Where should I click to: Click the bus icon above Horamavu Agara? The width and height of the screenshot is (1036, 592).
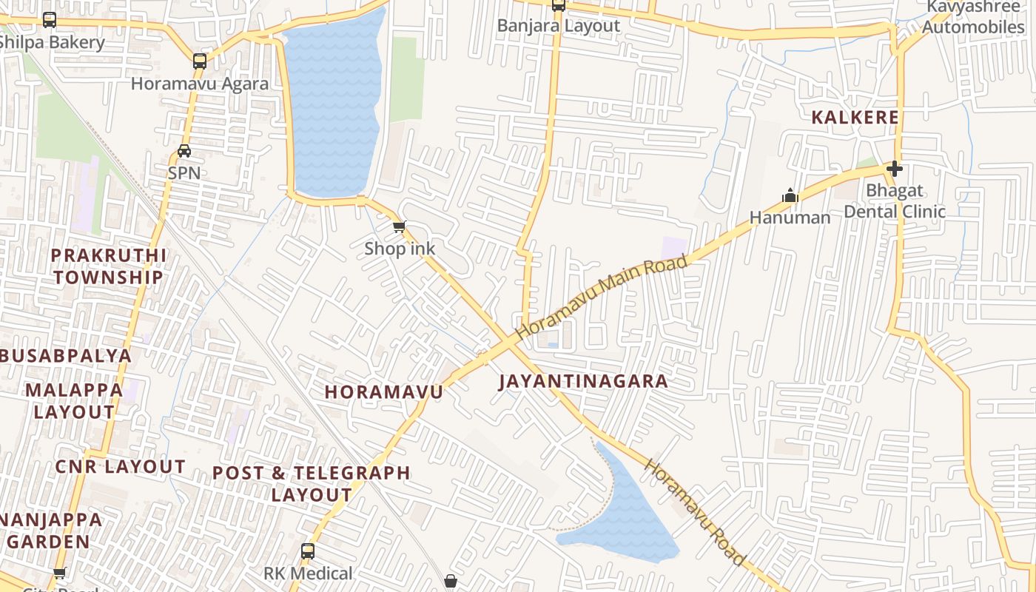[x=200, y=61]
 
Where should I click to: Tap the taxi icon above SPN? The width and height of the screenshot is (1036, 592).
[x=184, y=151]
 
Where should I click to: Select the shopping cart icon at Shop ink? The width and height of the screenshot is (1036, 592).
[x=399, y=226]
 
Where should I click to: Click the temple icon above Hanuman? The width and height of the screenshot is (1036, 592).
[x=790, y=196]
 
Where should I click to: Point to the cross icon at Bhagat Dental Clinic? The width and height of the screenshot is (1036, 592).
[x=895, y=169]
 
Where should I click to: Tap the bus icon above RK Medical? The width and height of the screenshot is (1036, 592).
[x=308, y=551]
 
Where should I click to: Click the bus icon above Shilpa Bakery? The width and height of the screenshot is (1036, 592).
[x=50, y=20]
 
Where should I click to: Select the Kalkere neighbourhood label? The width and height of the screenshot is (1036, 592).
[x=855, y=117]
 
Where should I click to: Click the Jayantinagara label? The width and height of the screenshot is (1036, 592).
[x=583, y=381]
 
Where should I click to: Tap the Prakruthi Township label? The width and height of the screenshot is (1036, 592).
[x=109, y=266]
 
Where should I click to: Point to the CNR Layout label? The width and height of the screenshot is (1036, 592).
[x=120, y=466]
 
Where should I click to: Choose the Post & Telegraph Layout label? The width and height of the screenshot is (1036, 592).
[x=312, y=483]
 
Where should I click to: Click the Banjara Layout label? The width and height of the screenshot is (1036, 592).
[x=559, y=26]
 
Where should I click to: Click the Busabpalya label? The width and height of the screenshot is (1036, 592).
[x=65, y=355]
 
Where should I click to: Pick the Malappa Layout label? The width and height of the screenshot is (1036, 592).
[x=74, y=400]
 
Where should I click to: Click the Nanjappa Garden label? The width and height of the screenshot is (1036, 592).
[x=50, y=530]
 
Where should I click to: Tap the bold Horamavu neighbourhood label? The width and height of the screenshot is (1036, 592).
[x=383, y=392]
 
